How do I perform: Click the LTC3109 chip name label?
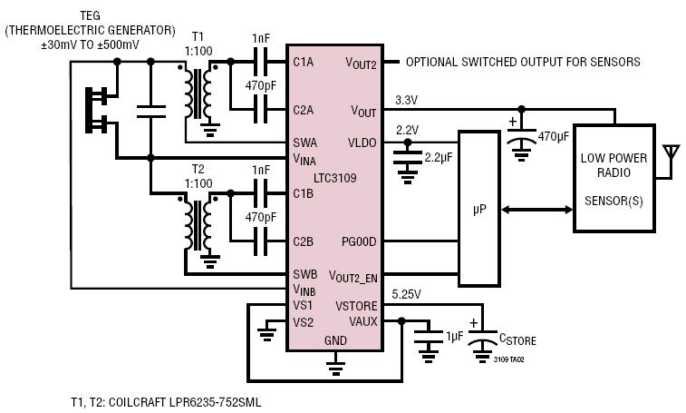[x=335, y=178]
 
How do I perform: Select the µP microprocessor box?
[x=479, y=209]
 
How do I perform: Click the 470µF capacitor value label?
[x=554, y=137]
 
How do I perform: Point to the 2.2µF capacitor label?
[x=439, y=158]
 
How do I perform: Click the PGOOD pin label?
[x=359, y=241]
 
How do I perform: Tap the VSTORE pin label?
[x=356, y=306]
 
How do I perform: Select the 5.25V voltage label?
[x=406, y=295]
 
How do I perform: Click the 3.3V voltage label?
[x=406, y=101]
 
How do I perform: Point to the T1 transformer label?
[x=198, y=36]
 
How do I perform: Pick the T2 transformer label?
[x=198, y=169]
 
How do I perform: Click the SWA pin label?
[x=304, y=143]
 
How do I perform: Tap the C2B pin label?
[x=304, y=241]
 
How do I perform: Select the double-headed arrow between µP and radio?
[x=536, y=210]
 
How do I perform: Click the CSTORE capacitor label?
[x=517, y=339]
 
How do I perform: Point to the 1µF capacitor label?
[x=455, y=336]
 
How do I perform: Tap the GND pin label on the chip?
[x=335, y=340]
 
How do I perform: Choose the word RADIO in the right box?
[x=614, y=172]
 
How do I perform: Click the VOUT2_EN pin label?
[x=353, y=277]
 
